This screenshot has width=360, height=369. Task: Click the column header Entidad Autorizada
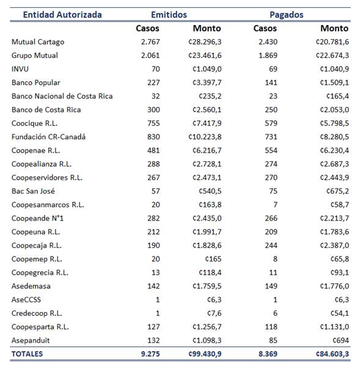54,15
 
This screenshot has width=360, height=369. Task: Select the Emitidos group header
169,15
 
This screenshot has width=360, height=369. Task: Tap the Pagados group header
287,15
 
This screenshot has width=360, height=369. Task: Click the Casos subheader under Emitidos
147,28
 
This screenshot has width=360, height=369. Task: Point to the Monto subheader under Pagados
334,28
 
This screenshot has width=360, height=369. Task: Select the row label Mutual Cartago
37,42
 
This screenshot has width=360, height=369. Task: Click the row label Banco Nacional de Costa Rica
62,96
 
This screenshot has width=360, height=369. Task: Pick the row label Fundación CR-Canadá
48,137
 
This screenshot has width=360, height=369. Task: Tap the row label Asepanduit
31,340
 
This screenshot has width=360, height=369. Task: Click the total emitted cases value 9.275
149,354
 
